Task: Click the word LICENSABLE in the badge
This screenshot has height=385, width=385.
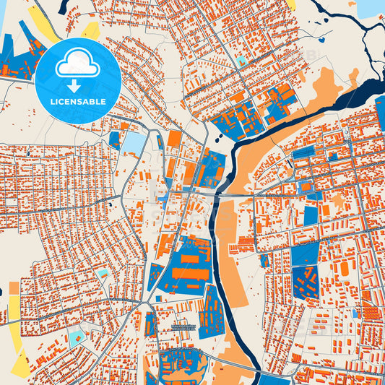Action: pyautogui.click(x=78, y=102)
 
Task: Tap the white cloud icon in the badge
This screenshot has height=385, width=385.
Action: pyautogui.click(x=78, y=64)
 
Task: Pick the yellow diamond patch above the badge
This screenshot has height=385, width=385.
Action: pyautogui.click(x=92, y=30)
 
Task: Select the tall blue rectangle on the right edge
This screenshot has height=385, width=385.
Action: pyautogui.click(x=380, y=113)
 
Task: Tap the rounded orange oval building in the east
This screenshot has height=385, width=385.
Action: pyautogui.click(x=344, y=269)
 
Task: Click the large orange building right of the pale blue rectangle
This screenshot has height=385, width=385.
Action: pyautogui.click(x=174, y=139)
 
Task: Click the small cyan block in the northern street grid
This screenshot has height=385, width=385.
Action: pyautogui.click(x=241, y=61)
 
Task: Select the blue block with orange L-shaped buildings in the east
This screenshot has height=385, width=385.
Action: pyautogui.click(x=305, y=281)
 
